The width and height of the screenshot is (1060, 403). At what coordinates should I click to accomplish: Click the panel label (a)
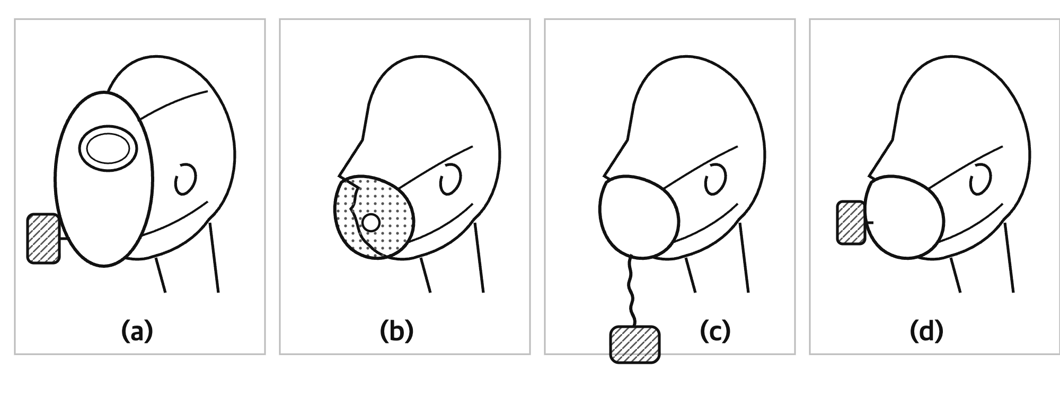(x=137, y=331)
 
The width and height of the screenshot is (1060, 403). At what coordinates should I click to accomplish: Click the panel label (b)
(x=396, y=331)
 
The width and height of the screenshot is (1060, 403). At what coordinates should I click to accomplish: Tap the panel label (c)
(x=715, y=331)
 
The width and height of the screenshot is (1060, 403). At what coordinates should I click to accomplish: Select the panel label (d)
(x=926, y=331)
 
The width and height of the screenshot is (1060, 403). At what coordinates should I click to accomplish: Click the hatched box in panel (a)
(x=43, y=238)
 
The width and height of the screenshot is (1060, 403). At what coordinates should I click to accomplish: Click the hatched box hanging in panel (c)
(x=635, y=344)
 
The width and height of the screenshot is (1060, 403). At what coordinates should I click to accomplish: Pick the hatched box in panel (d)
(x=851, y=222)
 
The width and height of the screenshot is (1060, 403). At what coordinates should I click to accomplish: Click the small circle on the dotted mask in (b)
(x=370, y=223)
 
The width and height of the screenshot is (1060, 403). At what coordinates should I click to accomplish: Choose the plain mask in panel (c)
(x=639, y=217)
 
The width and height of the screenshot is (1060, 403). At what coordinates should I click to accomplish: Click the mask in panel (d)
(x=904, y=217)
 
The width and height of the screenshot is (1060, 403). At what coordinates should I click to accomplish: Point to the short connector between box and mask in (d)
(x=869, y=222)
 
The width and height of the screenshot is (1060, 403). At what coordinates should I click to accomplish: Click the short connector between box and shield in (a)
(x=64, y=239)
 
